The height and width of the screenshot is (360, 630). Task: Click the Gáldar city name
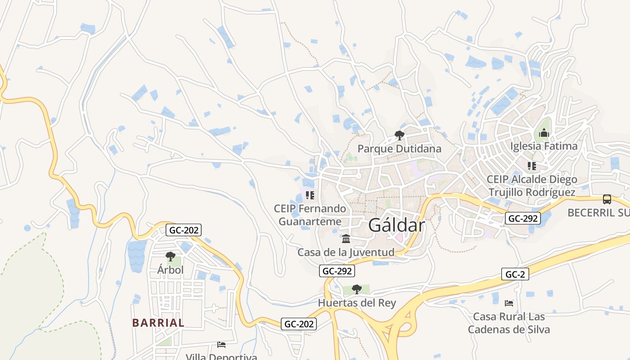pos(396,225)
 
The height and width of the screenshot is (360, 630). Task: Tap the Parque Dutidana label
pos(399,148)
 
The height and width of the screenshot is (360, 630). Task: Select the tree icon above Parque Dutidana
pos(399,135)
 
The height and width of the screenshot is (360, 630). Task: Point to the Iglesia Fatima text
pos(544,146)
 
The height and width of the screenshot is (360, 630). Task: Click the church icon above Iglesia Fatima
pos(544,133)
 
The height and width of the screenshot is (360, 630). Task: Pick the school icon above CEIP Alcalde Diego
pos(532,166)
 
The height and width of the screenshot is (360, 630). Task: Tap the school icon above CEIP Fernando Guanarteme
pos(310,195)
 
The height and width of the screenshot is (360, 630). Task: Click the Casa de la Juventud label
pos(346,252)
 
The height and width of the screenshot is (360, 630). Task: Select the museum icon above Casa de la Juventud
pos(346,238)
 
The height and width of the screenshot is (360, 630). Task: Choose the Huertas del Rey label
pos(357,303)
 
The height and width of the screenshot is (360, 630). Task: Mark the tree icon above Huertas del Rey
pos(357,289)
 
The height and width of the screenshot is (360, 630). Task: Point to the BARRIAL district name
pos(158,323)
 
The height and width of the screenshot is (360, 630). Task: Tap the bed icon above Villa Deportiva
pos(221,345)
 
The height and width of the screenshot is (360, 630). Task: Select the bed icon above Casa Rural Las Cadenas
pos(509,303)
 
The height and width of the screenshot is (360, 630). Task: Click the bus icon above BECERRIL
pos(607,199)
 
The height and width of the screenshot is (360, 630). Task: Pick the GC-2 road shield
pos(515,274)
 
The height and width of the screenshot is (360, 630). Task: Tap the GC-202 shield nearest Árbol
pos(183,230)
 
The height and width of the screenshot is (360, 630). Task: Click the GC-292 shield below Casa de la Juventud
pos(337,271)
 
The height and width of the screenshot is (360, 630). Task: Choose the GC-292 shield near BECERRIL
pos(522,219)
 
